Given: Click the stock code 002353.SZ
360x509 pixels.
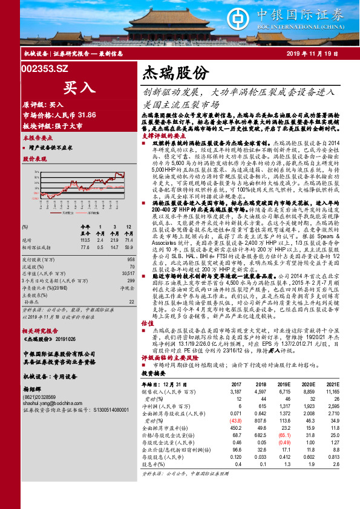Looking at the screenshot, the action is [44, 69].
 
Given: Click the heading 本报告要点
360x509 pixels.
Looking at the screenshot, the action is [36, 138].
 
